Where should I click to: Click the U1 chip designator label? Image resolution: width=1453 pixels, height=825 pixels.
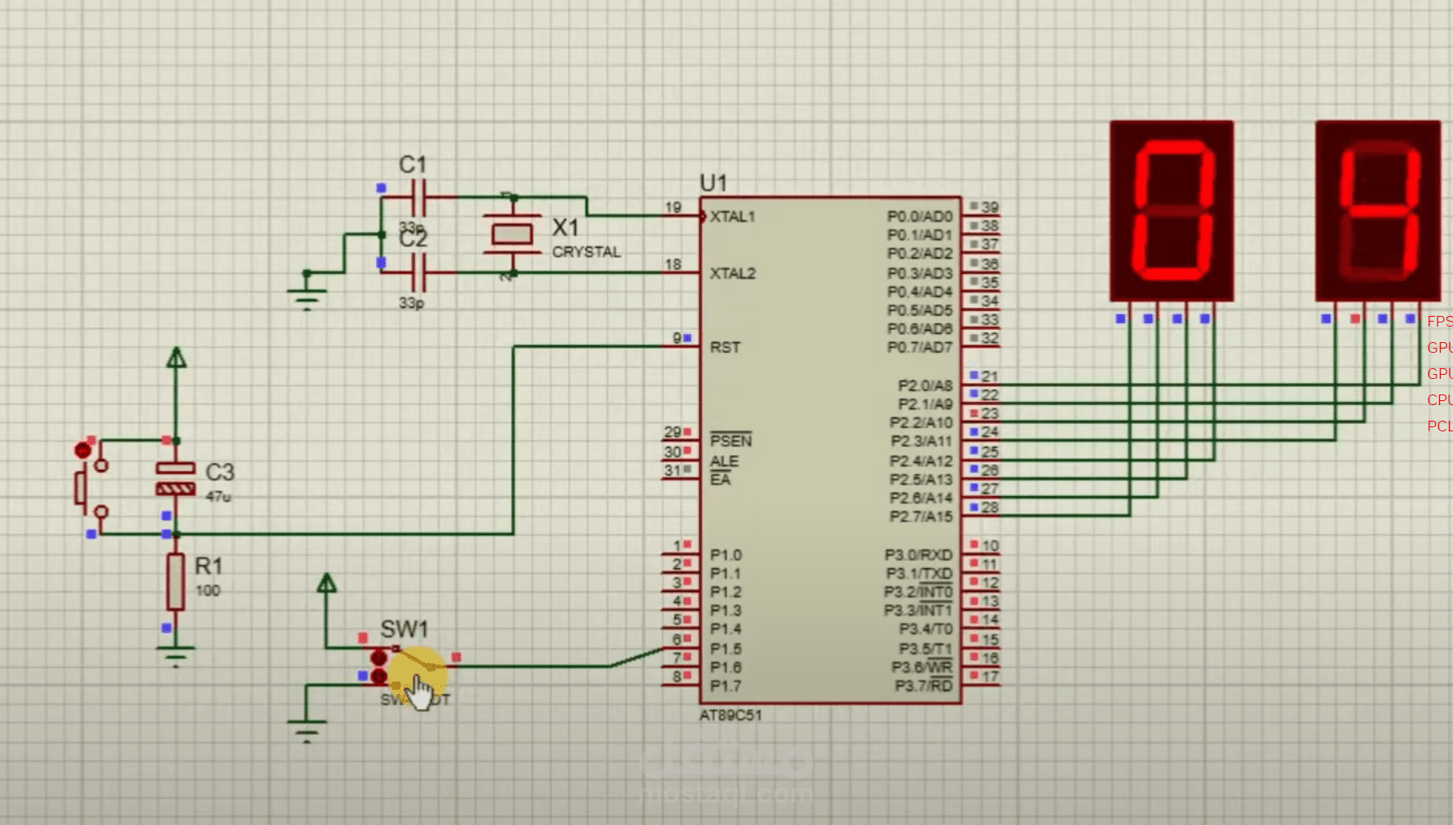tap(713, 183)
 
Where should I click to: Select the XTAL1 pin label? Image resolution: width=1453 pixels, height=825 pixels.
tap(732, 217)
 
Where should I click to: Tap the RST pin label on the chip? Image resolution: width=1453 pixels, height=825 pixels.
tap(725, 347)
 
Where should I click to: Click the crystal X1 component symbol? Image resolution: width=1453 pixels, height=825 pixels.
tap(512, 235)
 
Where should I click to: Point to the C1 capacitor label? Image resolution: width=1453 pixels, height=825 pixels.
tap(413, 165)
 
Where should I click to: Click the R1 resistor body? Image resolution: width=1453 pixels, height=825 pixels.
tap(175, 581)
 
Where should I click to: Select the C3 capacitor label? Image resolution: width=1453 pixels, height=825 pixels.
tap(219, 472)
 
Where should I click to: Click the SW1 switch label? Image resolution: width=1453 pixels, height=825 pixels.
tap(404, 629)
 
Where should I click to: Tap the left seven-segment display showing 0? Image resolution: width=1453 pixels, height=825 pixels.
tap(1171, 210)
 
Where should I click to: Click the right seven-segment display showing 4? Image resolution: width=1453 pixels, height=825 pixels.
tap(1378, 210)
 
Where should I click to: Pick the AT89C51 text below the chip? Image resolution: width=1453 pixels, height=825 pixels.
tap(730, 715)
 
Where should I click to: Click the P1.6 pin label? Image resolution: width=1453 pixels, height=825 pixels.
tap(725, 668)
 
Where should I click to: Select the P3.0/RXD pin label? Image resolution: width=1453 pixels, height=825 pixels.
tap(918, 555)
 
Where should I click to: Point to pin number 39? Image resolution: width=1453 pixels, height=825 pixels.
tap(990, 207)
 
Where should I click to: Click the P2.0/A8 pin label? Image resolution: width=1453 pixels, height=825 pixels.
tap(925, 385)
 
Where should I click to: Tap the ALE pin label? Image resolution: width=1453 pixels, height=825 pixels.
tap(724, 462)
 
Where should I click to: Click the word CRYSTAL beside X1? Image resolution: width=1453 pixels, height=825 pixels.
tap(586, 252)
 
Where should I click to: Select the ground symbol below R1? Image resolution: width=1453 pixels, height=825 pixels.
tap(175, 655)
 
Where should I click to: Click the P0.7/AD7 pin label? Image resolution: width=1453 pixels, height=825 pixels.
tap(920, 348)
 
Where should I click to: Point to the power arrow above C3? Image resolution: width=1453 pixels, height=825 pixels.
tap(176, 358)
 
